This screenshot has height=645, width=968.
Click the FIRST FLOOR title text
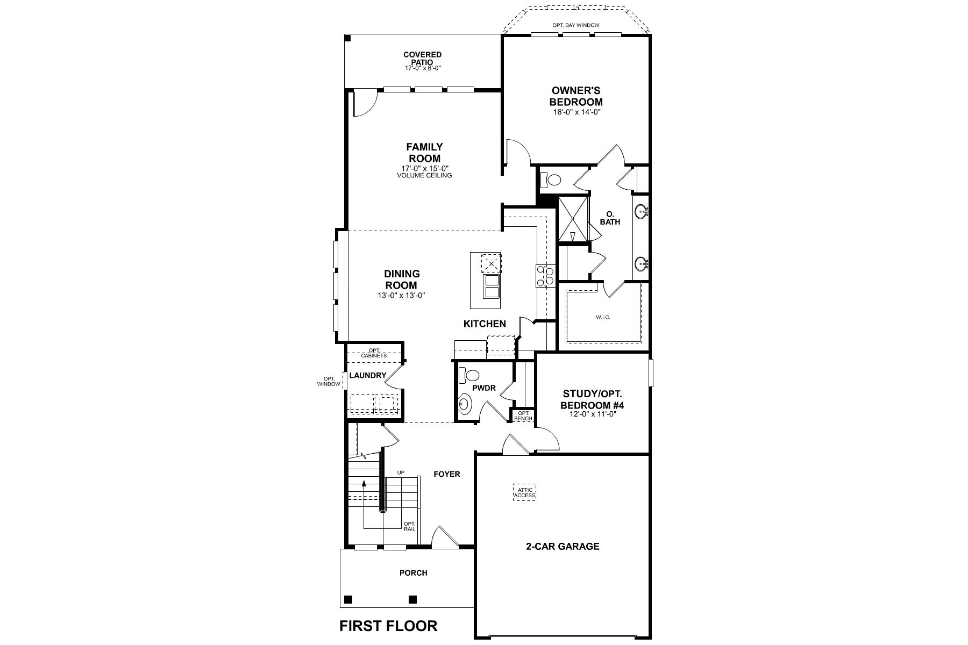[388, 626]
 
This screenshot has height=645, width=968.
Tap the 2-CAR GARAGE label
[563, 547]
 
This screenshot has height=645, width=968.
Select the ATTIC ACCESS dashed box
[524, 492]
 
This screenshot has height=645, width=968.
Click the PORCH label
[414, 573]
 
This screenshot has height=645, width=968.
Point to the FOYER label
[447, 474]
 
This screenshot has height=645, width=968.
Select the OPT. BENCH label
[523, 415]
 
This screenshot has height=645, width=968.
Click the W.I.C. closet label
[603, 318]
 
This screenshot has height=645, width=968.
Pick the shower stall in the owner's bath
[574, 220]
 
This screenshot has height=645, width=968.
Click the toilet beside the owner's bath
[550, 179]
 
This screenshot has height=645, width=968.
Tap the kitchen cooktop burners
[544, 276]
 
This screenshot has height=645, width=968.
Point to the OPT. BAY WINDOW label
[575, 25]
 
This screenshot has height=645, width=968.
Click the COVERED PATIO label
[423, 58]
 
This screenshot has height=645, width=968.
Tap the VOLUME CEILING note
[425, 175]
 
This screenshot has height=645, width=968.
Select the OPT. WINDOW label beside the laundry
[329, 381]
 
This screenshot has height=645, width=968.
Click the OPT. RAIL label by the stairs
[410, 526]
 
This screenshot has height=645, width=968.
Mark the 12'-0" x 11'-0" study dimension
[592, 414]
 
